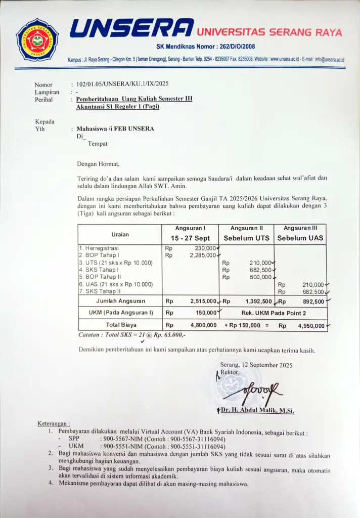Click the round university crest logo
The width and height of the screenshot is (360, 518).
pos(37,39)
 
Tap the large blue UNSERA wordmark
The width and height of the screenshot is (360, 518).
pos(131,29)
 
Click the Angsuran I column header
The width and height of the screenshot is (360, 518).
pos(190,229)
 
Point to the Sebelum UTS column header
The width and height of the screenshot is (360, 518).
pos(246,238)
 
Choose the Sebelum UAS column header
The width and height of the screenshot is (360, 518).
pos(300,238)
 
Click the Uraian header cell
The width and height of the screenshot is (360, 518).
pos(120,234)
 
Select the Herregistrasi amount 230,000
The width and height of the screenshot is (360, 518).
pos(205,248)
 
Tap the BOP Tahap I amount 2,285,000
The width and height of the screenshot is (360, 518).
pos(203,255)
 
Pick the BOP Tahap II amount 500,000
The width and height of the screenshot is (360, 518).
pos(261,277)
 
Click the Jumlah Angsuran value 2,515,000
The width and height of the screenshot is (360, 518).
pos(204,301)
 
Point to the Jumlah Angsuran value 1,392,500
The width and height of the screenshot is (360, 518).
pos(258,301)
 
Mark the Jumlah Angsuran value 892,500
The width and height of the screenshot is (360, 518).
pos(312,301)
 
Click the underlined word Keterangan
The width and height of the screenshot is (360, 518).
pos(54,423)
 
